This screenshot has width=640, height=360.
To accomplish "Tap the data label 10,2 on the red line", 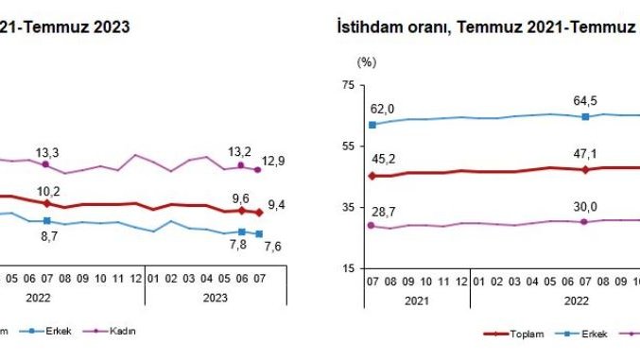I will click(x=46, y=187).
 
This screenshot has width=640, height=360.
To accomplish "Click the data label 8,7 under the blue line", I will click(x=46, y=239).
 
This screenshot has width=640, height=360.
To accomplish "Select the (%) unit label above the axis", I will click(x=366, y=61).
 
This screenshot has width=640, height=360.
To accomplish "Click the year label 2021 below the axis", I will click(x=414, y=300).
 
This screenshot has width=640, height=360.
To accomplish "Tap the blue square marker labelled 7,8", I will click(x=243, y=231).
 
